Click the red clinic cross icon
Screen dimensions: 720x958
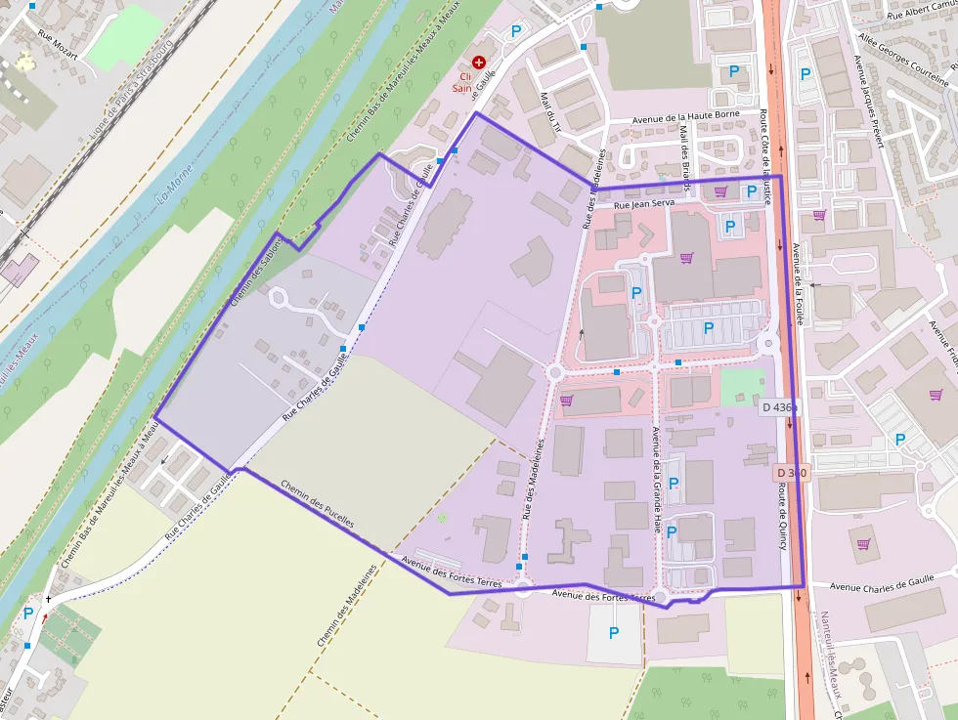coord(478,62)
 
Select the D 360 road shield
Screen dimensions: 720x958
coord(793,473)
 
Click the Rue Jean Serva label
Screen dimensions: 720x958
coord(645,205)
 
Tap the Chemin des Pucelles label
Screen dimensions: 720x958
coord(317,504)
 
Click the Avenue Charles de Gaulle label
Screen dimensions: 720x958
coord(876,587)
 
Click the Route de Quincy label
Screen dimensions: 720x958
coord(783,518)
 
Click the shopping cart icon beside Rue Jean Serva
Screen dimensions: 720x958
coord(721,191)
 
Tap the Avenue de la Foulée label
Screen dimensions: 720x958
coord(798,283)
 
